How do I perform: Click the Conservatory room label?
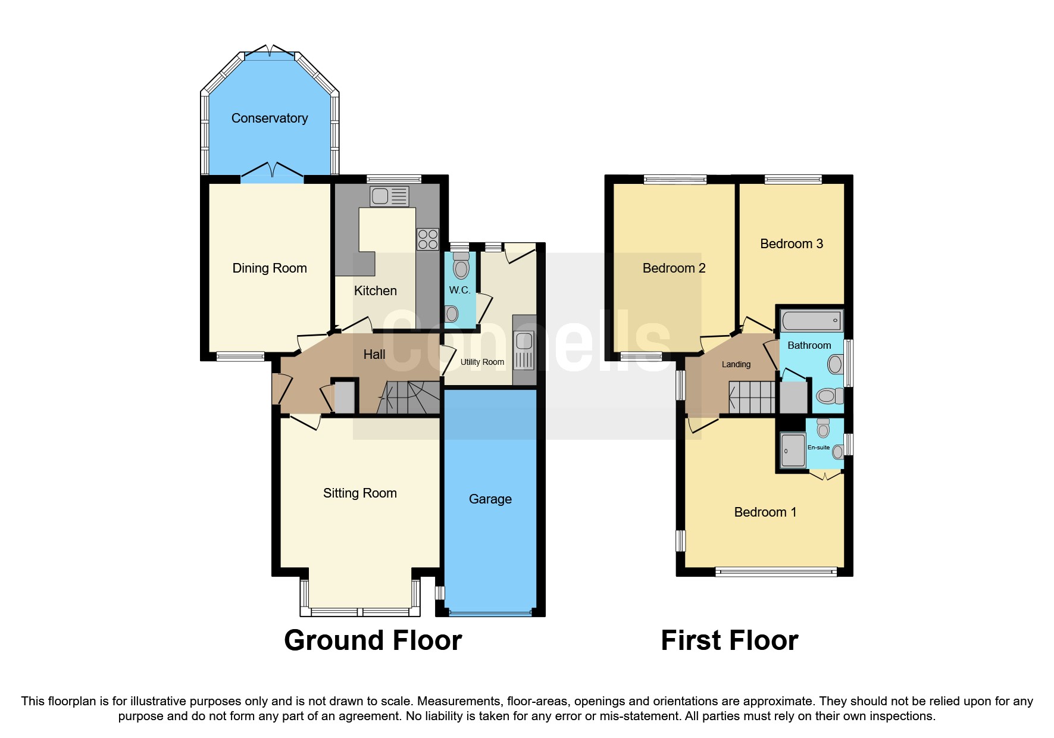tap(270, 118)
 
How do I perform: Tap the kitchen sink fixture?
tap(389, 196)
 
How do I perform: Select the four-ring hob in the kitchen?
tap(427, 239)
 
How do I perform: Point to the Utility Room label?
tap(482, 362)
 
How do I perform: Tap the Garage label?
tap(490, 499)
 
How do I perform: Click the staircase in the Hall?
tap(409, 398)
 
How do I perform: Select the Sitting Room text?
tap(359, 493)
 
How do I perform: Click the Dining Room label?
tap(270, 268)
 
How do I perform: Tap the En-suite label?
tap(818, 448)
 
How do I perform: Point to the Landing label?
tap(736, 364)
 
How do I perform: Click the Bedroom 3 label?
tap(791, 243)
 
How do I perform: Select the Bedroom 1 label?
tap(765, 512)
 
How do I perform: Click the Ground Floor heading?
tap(373, 640)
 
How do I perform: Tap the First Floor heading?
tap(729, 640)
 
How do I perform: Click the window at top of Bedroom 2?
tap(675, 179)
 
